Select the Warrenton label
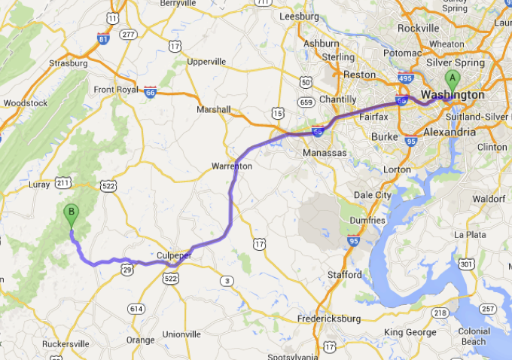(231, 165)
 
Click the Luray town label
(38, 185)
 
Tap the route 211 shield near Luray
(63, 182)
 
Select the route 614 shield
(136, 309)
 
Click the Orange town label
(140, 340)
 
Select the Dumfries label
(368, 220)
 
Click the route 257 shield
(488, 309)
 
